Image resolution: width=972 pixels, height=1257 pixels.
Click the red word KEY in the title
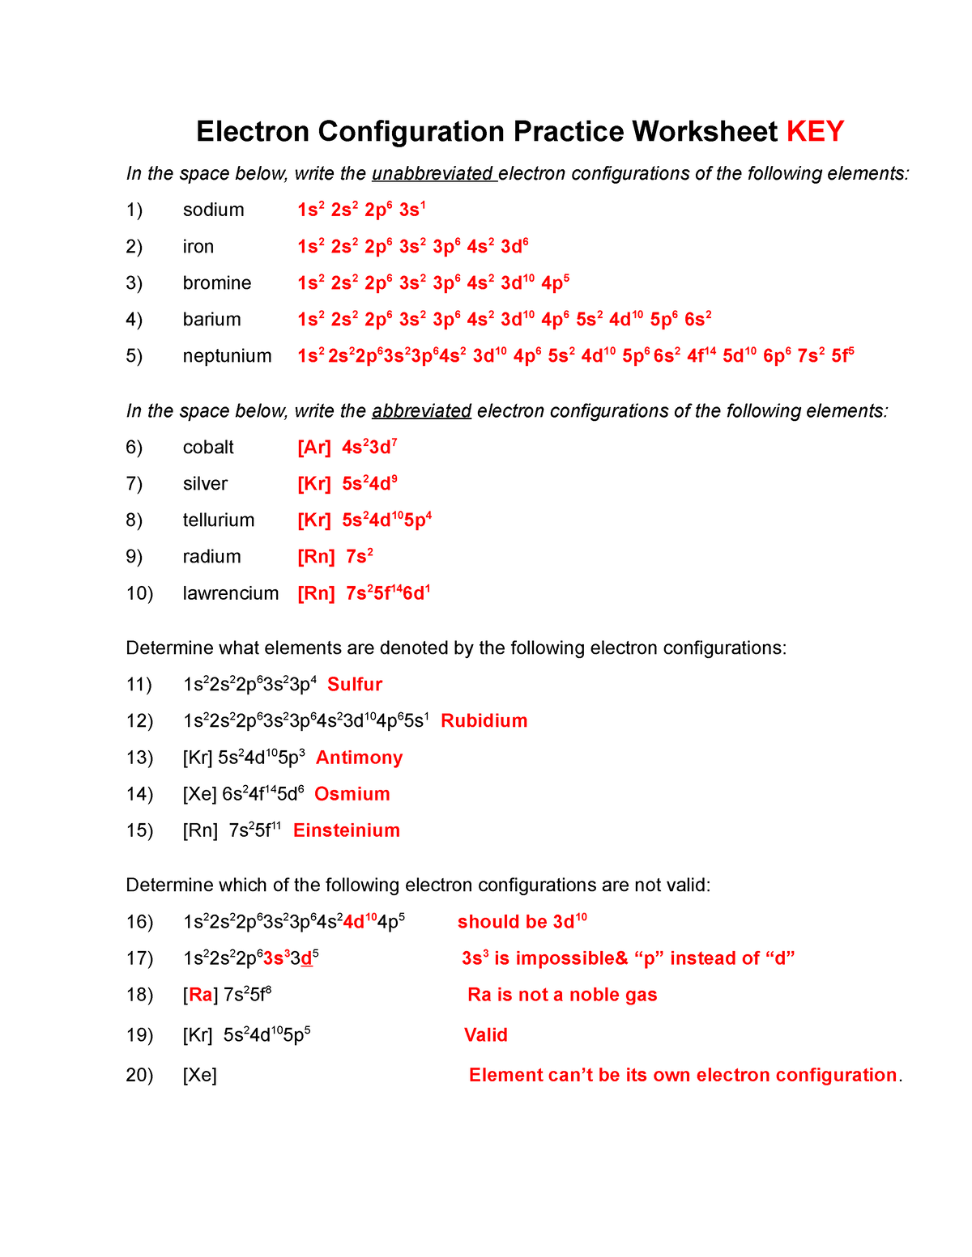(815, 131)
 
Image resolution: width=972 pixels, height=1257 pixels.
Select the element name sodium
(213, 210)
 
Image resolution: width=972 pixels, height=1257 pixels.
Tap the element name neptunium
(227, 356)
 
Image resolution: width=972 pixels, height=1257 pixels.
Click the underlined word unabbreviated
(433, 174)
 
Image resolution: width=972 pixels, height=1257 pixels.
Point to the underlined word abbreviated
(421, 411)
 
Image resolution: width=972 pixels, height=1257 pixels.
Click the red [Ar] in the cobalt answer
(314, 448)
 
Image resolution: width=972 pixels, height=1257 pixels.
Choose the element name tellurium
(219, 520)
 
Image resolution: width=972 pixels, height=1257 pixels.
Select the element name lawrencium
(230, 593)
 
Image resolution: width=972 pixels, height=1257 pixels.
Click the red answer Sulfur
(355, 685)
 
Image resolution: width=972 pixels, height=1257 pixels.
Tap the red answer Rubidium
(484, 721)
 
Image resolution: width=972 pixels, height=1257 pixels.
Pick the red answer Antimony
(359, 758)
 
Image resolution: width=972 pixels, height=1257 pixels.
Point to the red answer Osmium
(352, 794)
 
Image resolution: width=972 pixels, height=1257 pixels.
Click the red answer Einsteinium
(347, 830)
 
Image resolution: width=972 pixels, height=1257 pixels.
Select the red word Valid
(485, 1035)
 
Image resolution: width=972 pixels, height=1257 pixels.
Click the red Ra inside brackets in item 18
(200, 995)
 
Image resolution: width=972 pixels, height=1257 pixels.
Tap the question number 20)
(139, 1075)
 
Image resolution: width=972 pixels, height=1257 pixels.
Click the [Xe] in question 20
(200, 1075)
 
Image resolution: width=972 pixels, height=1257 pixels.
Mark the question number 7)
(134, 484)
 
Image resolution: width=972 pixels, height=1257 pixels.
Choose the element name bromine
(217, 283)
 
